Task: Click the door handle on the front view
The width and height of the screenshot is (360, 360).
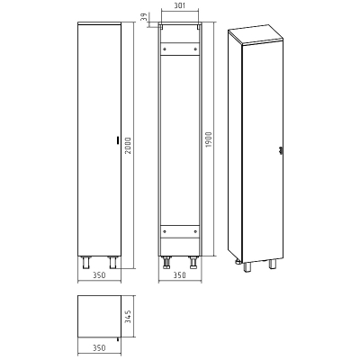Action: point(116,139)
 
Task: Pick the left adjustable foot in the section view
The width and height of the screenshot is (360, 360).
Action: point(166,262)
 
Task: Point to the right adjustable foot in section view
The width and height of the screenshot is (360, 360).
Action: point(193,262)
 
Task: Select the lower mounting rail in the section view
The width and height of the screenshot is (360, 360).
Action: point(179,232)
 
